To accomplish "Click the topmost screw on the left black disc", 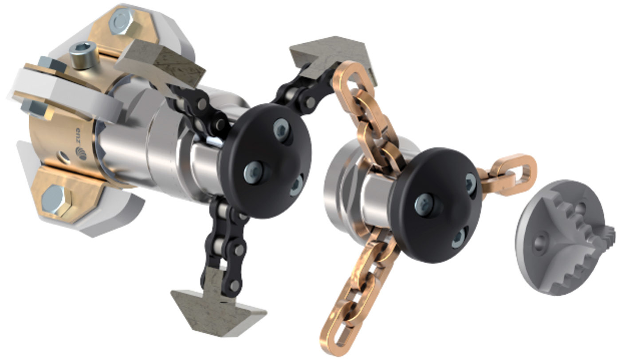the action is point(282,128).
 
